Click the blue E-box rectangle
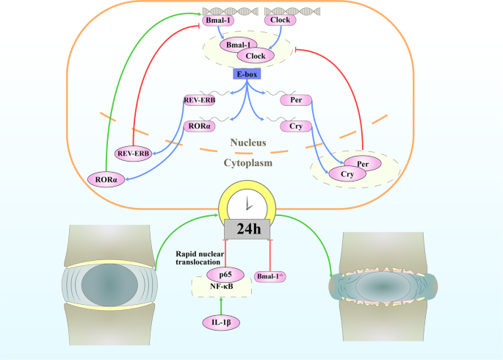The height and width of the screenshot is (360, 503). tap(245, 74)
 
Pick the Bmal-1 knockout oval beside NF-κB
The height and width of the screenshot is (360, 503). tap(270, 276)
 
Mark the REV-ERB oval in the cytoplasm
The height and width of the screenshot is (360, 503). tap(133, 153)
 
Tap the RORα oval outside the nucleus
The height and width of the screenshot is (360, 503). tap(104, 178)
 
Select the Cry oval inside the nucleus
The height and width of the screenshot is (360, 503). tap(297, 126)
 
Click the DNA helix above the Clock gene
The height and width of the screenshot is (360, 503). tap(279, 11)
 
